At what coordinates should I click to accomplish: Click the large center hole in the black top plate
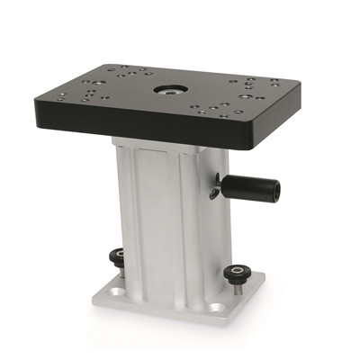tap(168, 91)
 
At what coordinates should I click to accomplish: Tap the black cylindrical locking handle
tap(247, 190)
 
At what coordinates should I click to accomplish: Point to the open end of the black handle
tap(273, 191)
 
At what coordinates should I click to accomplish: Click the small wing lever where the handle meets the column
tap(215, 192)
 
